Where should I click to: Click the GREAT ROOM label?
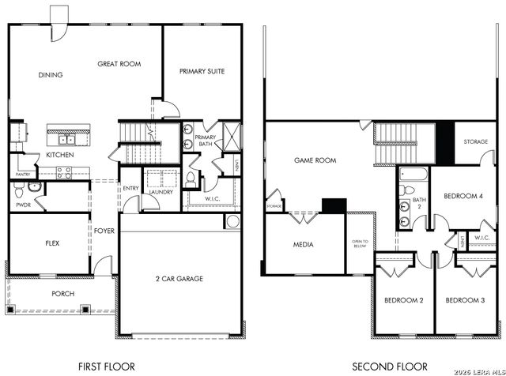pos(119,63)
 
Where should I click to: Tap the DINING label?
pos(50,75)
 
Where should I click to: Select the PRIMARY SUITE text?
pos(203,70)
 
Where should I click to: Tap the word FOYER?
pos(105,231)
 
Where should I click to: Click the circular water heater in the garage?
pos(232,220)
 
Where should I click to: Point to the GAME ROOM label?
pos(315,160)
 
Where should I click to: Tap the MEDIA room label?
pos(303,244)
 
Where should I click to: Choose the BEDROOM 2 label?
pos(404,300)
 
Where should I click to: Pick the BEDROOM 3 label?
pos(465,300)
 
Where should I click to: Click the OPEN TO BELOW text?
pos(361,244)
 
